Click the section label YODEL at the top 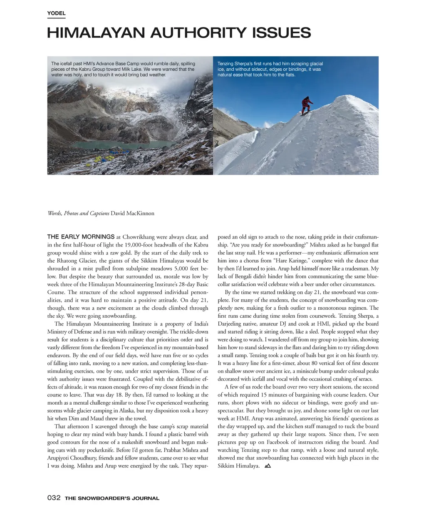click(56, 13)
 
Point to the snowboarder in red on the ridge click(307, 105)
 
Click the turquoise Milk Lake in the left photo click(125, 144)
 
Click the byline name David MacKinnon click(132, 214)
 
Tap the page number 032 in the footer click(54, 498)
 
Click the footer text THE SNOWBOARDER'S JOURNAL click(112, 498)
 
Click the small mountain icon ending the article click(267, 466)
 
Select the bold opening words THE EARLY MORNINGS click(81, 237)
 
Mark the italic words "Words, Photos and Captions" click(78, 214)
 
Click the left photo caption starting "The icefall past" click(123, 69)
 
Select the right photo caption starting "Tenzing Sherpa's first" click(270, 69)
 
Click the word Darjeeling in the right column click(233, 324)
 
